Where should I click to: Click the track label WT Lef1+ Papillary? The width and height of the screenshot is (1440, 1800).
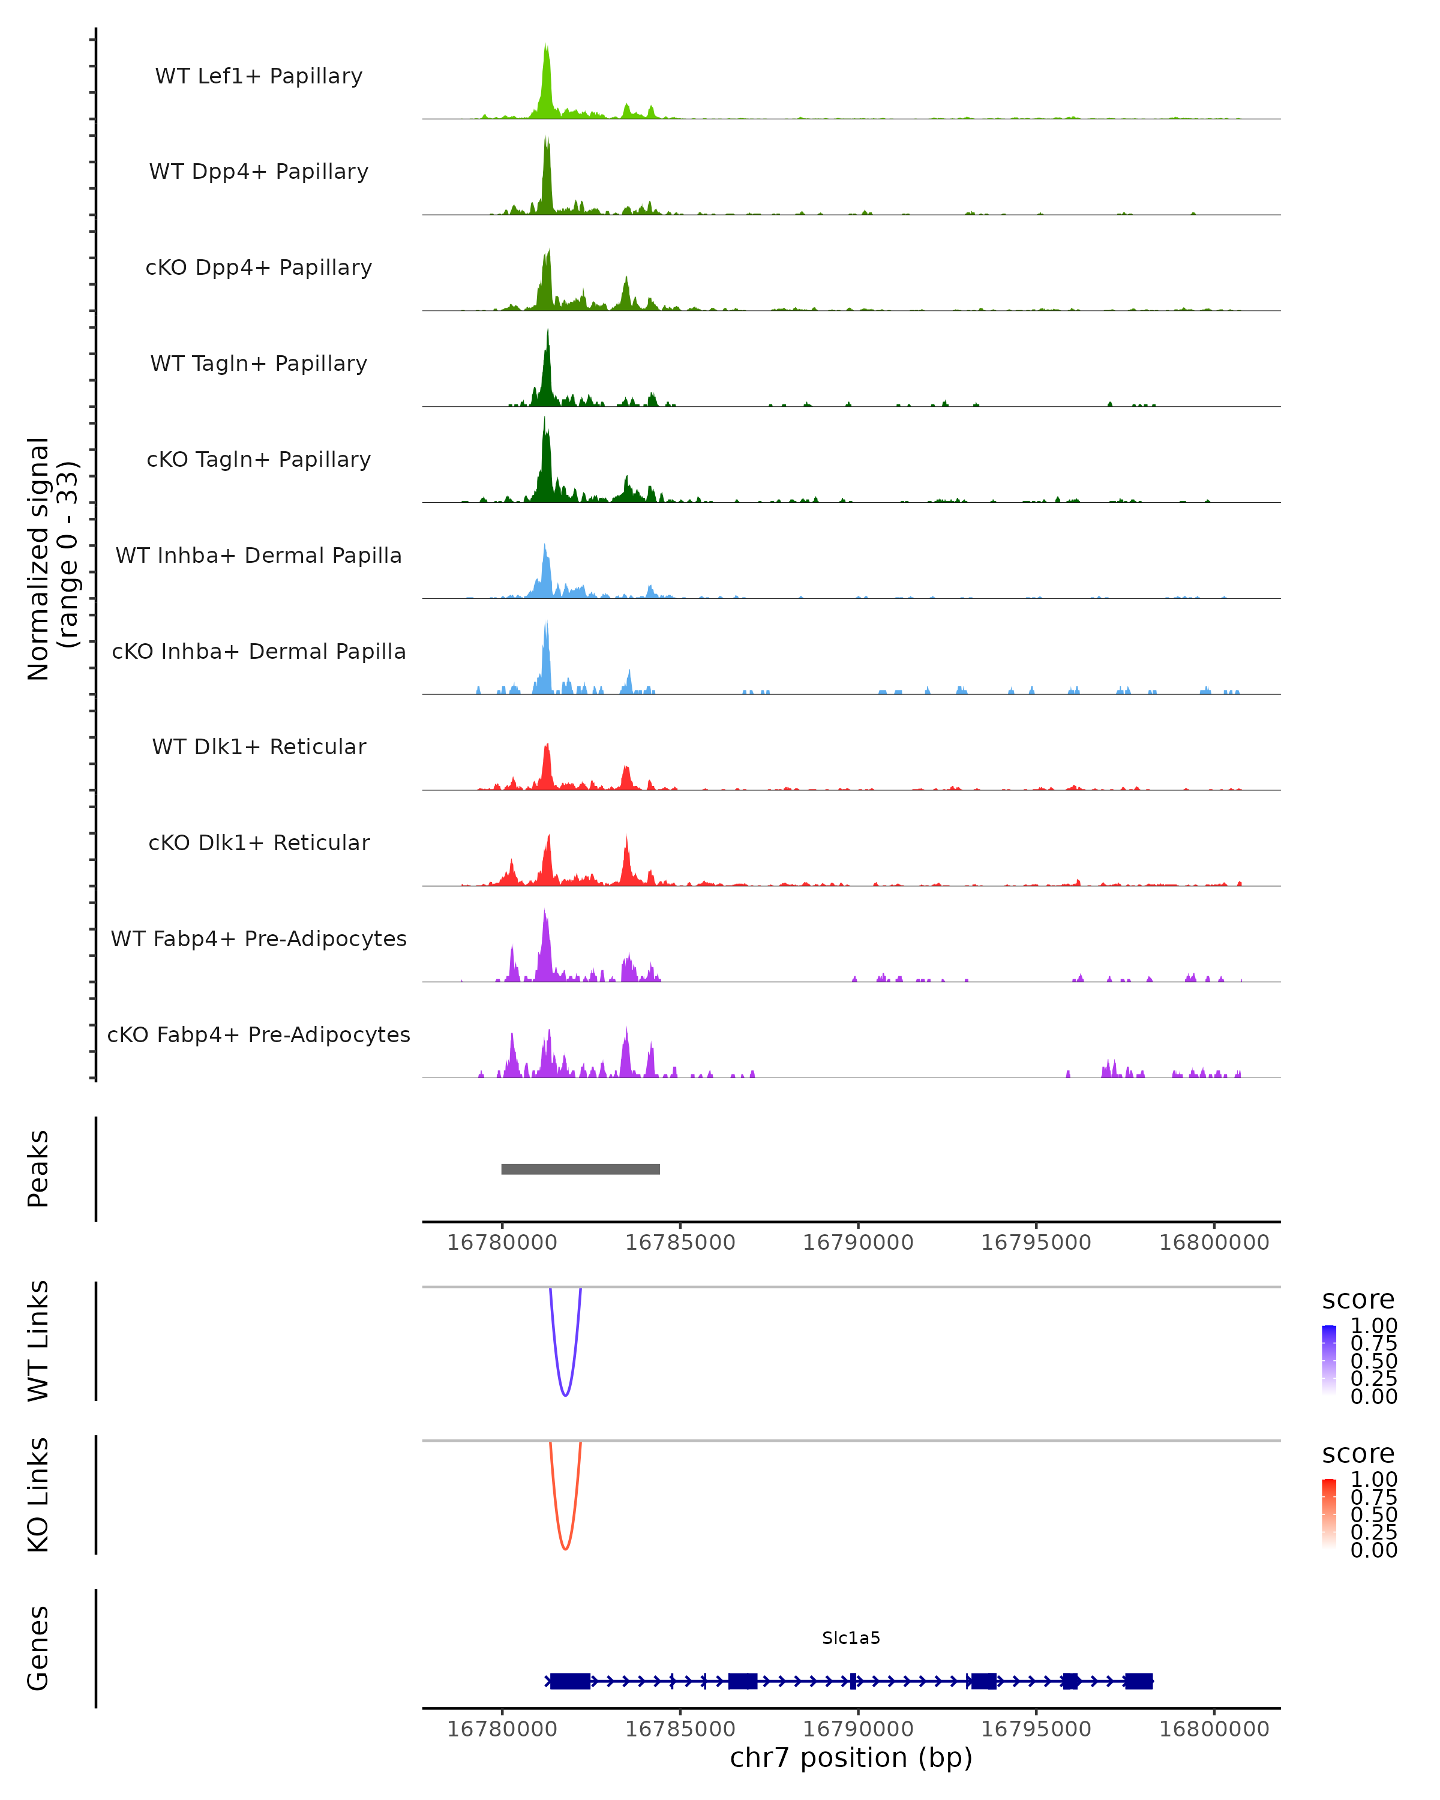click(259, 76)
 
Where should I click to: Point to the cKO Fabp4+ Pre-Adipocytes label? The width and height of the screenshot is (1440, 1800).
click(259, 1034)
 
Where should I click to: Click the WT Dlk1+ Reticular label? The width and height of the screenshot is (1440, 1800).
click(259, 746)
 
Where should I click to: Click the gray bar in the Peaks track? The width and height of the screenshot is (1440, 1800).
click(580, 1169)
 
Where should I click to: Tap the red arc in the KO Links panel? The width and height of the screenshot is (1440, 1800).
click(565, 1547)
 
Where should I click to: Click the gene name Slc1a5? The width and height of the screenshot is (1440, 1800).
click(851, 1638)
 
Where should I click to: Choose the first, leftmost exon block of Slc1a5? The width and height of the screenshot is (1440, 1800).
click(570, 1681)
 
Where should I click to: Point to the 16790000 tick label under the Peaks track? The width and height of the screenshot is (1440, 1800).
click(857, 1243)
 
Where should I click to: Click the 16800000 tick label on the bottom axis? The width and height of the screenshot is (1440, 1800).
click(1214, 1729)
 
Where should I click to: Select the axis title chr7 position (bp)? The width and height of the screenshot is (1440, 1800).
click(851, 1758)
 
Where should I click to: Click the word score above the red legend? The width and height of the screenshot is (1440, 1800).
click(1357, 1454)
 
